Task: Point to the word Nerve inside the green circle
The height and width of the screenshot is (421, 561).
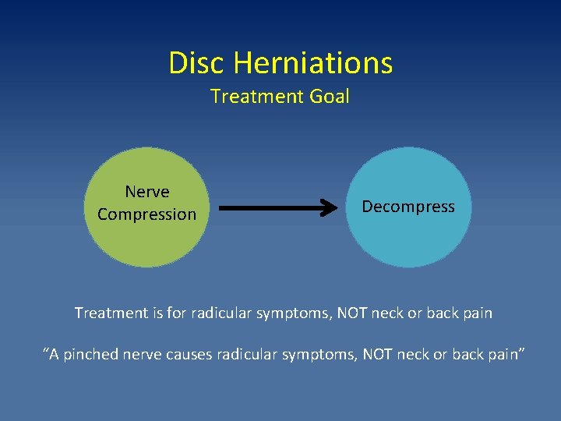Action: tap(147, 192)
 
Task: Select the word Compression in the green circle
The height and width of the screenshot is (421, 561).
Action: tap(147, 214)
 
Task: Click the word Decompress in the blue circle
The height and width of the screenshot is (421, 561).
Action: tap(408, 207)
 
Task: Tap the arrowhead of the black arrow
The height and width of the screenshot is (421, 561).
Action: tap(330, 208)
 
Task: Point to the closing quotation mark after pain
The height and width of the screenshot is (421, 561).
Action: tap(521, 352)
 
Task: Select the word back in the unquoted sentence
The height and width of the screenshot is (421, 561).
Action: tap(443, 313)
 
